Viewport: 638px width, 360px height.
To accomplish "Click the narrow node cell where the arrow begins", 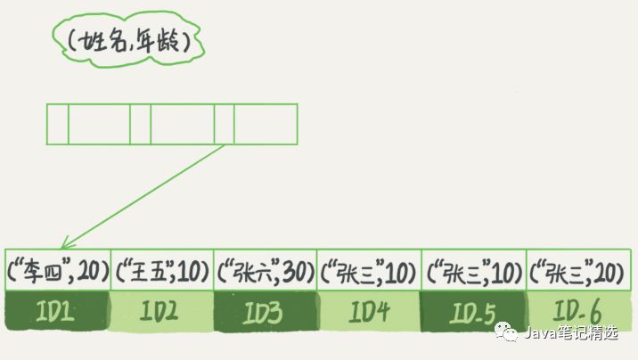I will tap(224, 124).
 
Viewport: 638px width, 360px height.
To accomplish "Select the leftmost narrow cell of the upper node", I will tap(57, 124).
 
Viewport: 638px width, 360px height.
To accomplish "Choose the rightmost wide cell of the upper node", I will tap(265, 124).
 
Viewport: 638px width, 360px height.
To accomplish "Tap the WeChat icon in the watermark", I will tap(511, 334).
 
